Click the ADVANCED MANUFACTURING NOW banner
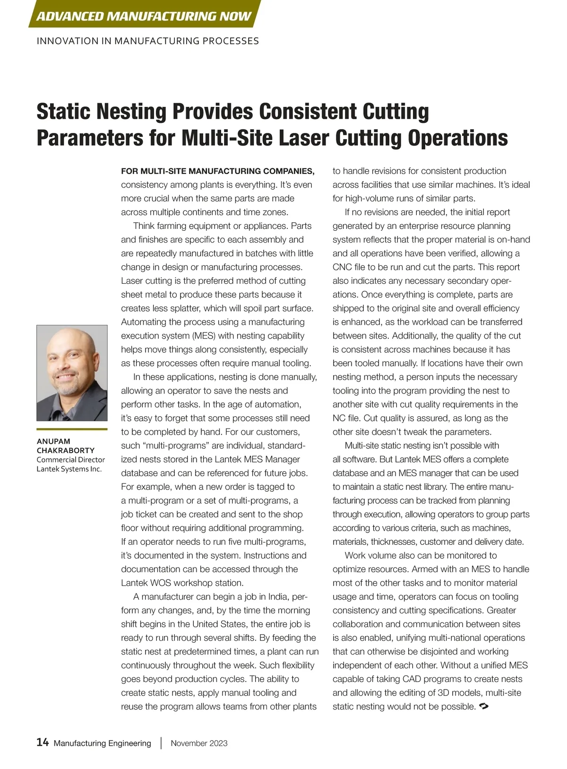(144, 16)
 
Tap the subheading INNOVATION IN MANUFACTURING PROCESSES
(147, 41)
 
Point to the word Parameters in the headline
(90, 138)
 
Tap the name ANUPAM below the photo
(53, 441)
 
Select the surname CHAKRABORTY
(66, 450)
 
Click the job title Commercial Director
(71, 460)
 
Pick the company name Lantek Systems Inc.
(69, 469)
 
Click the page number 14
(43, 743)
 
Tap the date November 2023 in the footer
(199, 743)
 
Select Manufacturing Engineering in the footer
(102, 743)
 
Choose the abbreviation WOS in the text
(161, 583)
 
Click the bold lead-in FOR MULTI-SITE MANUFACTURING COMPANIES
(218, 171)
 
